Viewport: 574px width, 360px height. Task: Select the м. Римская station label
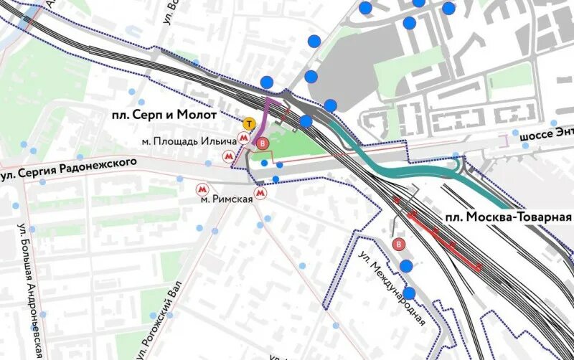point(227,199)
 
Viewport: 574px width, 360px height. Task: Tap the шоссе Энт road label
point(546,133)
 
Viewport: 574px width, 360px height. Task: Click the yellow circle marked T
point(248,123)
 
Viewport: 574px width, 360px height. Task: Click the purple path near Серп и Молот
point(263,118)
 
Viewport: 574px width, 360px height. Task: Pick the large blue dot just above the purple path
point(267,82)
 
